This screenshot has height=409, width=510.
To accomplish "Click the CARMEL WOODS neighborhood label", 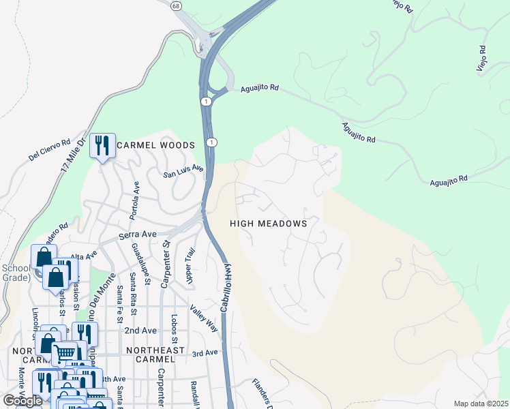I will point(155,145).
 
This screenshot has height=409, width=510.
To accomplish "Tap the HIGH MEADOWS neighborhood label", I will point(268,224).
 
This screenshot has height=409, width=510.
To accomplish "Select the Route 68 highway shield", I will point(177,6).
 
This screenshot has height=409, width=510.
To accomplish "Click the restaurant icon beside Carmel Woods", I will point(102,145).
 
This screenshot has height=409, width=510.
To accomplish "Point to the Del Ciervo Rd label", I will point(50,151).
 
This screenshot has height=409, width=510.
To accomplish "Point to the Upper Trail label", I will point(190,266).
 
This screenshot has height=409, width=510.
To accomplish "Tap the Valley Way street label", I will point(204,318).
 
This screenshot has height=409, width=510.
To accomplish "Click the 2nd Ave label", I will point(140,331).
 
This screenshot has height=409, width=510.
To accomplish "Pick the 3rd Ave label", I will point(205,353).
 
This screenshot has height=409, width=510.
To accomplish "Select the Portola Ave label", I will point(136,201).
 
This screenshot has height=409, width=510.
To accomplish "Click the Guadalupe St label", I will point(135,262).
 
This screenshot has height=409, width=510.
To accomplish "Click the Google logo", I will point(22,401).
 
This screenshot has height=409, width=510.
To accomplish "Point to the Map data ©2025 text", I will point(480,404).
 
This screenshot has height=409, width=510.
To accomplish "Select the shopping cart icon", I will point(64,353).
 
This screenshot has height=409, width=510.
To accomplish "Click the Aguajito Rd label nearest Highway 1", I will point(260,88).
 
